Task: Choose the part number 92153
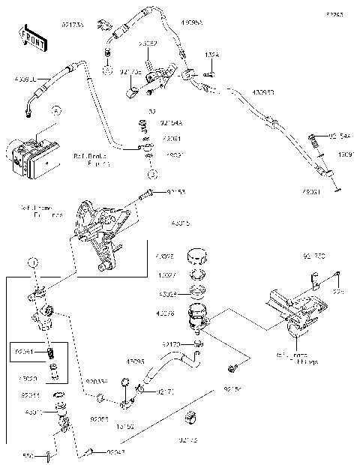tap(175, 192)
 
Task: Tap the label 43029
tap(167, 294)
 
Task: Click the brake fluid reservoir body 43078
tap(199, 315)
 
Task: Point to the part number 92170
tap(172, 343)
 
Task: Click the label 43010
tap(33, 412)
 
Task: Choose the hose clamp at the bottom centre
tap(193, 415)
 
